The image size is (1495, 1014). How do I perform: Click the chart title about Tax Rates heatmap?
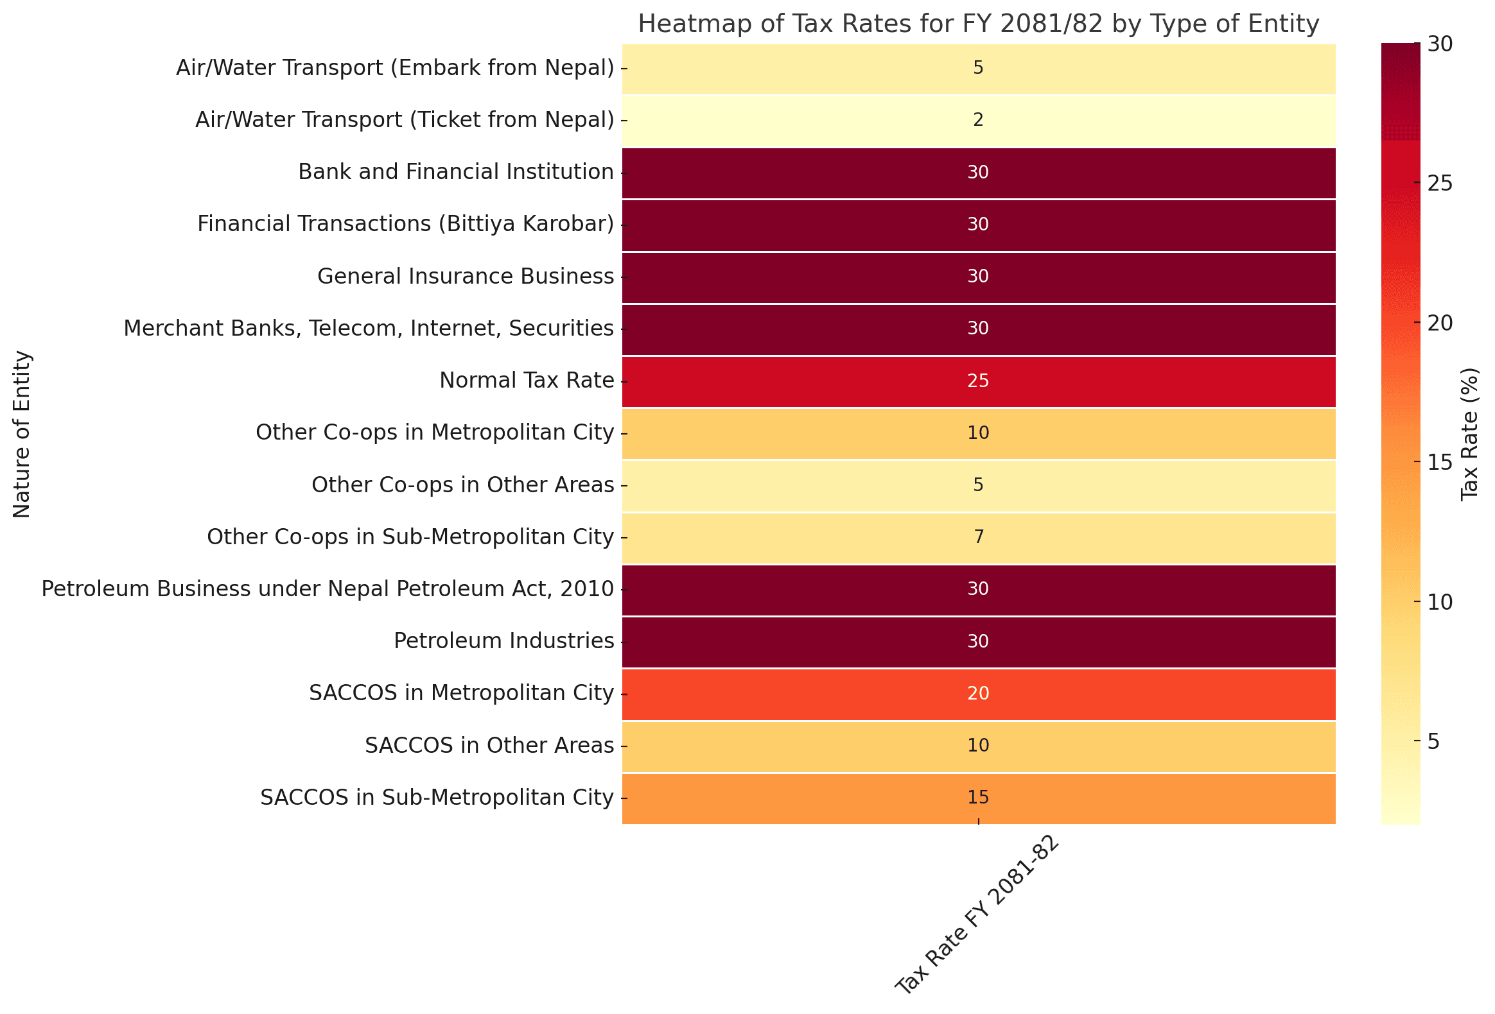[978, 24]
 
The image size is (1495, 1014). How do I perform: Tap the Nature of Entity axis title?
[22, 434]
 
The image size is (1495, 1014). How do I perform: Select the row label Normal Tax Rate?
[526, 381]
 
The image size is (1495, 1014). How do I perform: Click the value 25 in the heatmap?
[978, 381]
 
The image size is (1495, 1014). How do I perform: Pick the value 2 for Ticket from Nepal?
[978, 120]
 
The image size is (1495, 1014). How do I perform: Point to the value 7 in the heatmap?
[978, 537]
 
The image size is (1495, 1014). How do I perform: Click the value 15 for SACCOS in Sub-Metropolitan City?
[978, 797]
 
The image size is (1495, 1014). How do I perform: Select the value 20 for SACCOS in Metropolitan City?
[978, 693]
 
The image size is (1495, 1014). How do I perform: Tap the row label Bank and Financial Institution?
[455, 173]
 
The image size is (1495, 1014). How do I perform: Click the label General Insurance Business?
[465, 277]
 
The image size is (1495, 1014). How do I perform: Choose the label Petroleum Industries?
[503, 641]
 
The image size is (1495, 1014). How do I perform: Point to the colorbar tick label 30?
[1440, 44]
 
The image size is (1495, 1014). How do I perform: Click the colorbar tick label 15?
[1440, 462]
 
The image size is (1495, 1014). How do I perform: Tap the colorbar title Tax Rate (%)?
[1469, 434]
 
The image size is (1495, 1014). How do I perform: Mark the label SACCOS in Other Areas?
[489, 745]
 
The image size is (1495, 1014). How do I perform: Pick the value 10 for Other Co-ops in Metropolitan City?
[978, 433]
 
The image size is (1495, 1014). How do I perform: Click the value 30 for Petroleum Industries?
[978, 641]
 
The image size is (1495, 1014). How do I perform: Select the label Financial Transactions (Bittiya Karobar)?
[405, 225]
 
